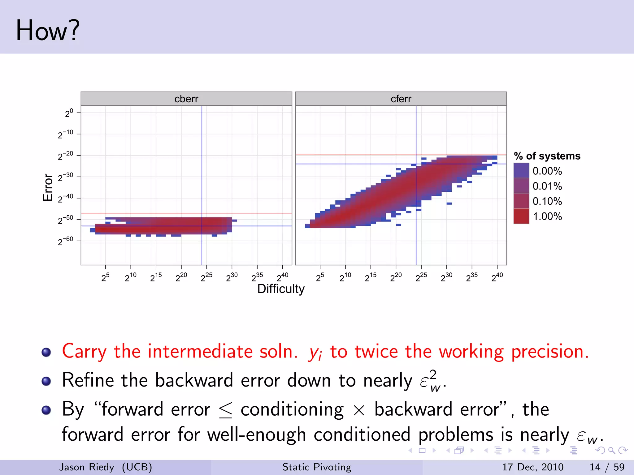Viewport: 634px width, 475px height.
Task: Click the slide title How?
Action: tap(48, 30)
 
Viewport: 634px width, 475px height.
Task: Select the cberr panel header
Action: tap(186, 99)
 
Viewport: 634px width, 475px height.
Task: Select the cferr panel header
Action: tap(401, 99)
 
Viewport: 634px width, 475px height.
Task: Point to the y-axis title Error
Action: tap(48, 187)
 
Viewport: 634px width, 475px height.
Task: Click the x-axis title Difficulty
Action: tap(281, 289)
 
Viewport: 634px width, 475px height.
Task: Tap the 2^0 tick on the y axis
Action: tap(69, 113)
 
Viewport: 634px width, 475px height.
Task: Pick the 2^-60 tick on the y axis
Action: tap(65, 241)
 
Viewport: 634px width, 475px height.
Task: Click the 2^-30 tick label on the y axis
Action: tap(65, 177)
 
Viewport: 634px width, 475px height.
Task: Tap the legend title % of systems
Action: tap(547, 156)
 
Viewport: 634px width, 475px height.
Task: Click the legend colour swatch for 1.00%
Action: tap(521, 216)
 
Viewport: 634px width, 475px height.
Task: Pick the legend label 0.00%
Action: tap(547, 171)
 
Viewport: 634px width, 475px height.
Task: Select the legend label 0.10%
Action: tap(547, 201)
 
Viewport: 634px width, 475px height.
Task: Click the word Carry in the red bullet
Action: tap(84, 352)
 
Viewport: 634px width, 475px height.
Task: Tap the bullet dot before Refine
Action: tap(46, 381)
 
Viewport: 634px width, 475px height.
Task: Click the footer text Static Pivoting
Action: tap(317, 467)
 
